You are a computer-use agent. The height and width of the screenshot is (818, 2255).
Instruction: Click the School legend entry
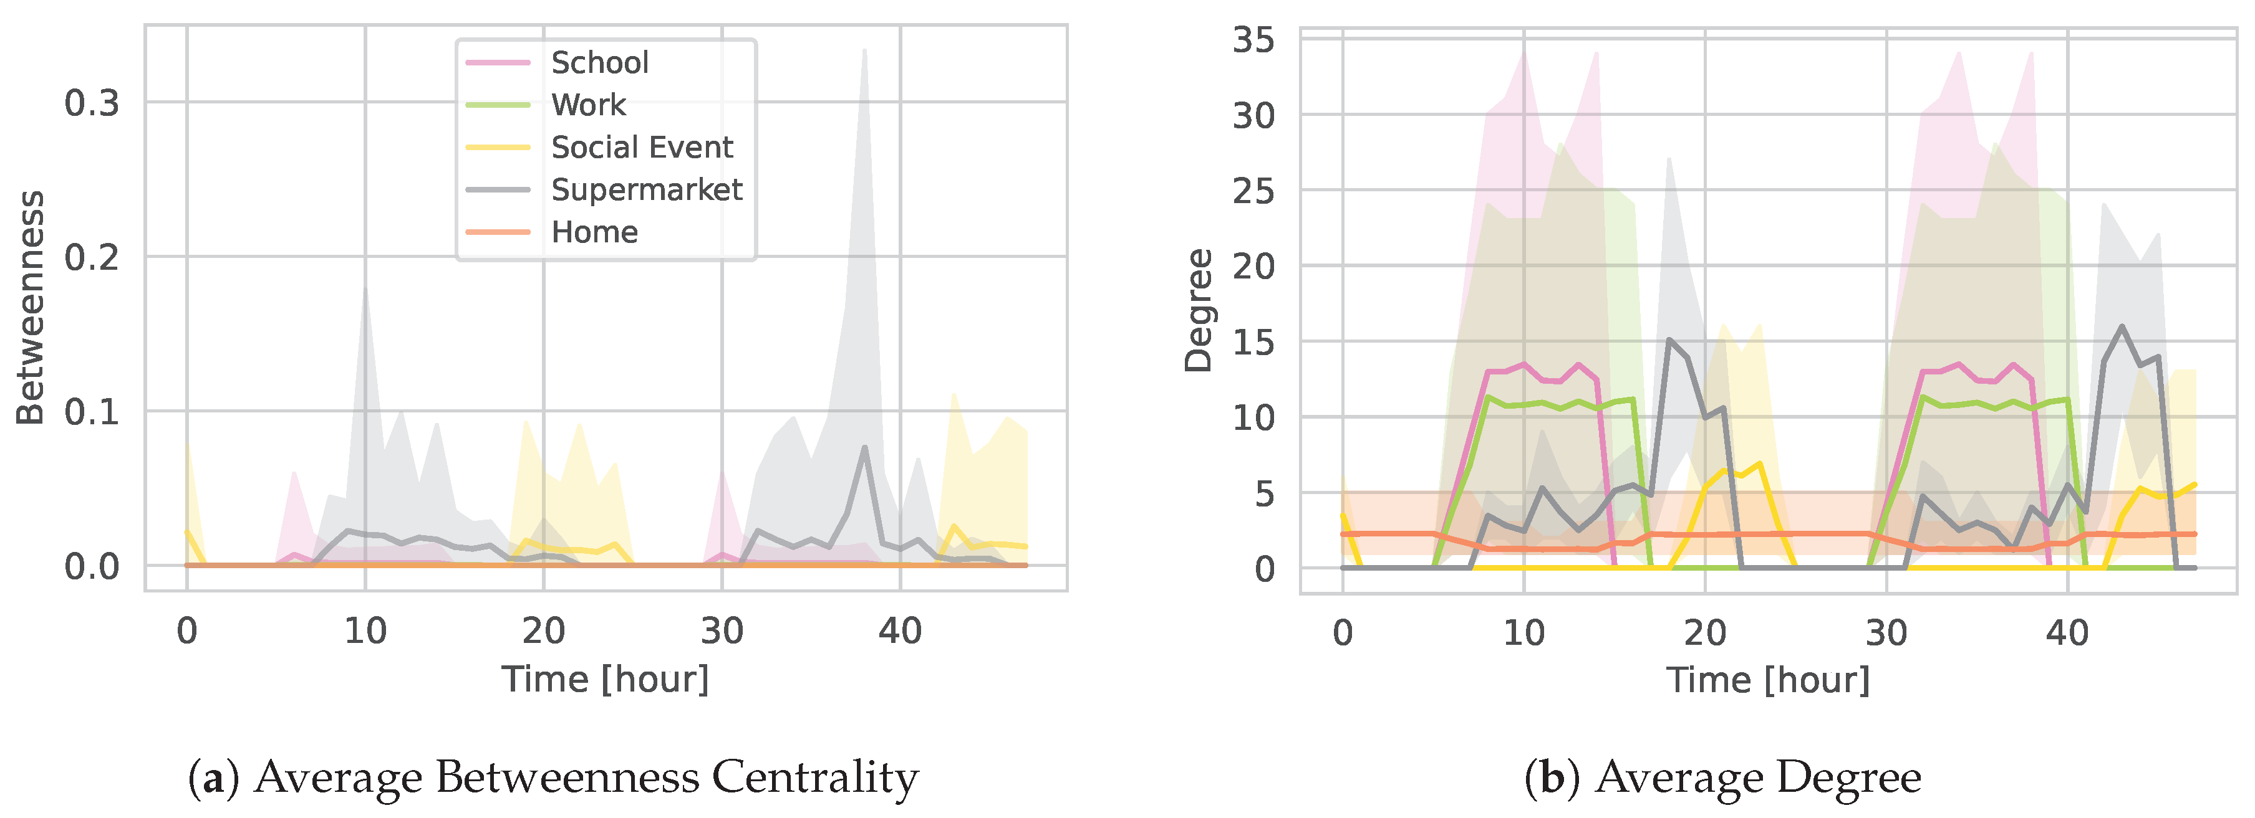tap(600, 63)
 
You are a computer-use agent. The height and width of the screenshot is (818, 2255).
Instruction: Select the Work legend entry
tap(588, 105)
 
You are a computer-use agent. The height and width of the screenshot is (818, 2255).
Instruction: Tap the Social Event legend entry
tap(642, 147)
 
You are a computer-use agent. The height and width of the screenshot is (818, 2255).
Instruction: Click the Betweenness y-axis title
tap(31, 308)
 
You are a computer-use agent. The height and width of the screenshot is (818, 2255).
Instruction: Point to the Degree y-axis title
tap(1199, 311)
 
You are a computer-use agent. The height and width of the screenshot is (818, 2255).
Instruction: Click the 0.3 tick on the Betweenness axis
tap(92, 103)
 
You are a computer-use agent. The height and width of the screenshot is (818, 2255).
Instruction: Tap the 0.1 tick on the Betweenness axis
tap(92, 412)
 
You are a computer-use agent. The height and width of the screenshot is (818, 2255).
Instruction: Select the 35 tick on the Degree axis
tap(1253, 40)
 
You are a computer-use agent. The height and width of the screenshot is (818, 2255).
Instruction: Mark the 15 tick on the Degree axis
tap(1253, 342)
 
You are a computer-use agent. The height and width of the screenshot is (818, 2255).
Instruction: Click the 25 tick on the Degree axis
tap(1253, 191)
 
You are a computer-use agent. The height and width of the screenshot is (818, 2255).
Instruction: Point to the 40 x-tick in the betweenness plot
tap(900, 630)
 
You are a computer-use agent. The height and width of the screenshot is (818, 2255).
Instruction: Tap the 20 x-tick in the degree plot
tap(1704, 632)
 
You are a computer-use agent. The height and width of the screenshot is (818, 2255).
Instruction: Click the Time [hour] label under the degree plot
tap(1767, 680)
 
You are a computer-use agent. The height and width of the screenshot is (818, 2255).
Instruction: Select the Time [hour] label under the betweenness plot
tap(605, 679)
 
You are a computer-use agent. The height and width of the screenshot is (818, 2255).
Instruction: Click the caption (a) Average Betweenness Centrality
tap(553, 778)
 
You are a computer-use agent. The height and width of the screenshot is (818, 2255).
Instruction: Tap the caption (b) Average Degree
tap(1723, 778)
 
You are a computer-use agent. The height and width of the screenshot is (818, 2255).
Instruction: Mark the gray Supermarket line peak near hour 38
tap(864, 447)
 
